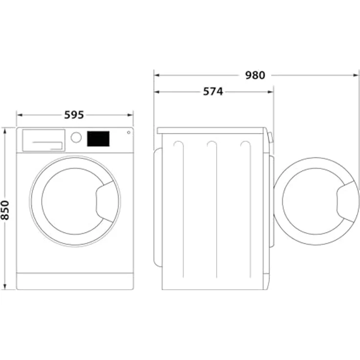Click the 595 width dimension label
[74, 115]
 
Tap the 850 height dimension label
[5, 210]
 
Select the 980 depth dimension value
[255, 75]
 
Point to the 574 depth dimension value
[213, 91]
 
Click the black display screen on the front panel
[98, 138]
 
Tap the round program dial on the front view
[76, 137]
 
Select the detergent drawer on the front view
[44, 140]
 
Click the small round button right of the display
[128, 132]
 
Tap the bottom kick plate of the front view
[75, 281]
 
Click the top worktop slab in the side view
[211, 131]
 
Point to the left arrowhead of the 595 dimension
[19, 115]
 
